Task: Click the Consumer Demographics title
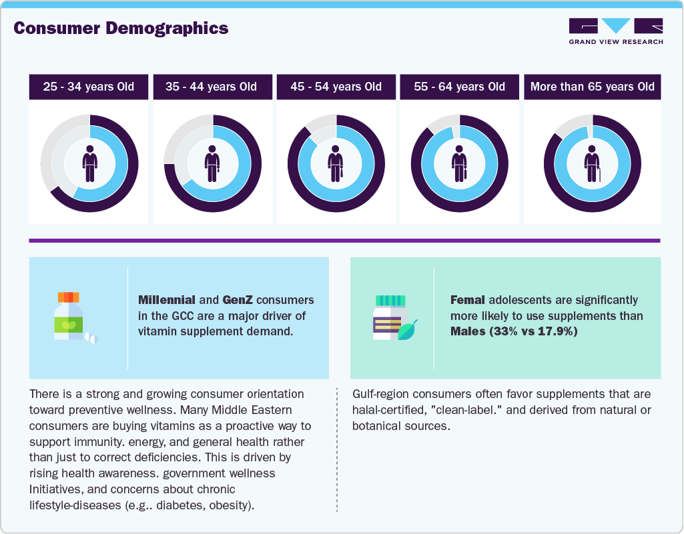pos(121,28)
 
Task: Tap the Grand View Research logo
pos(615,31)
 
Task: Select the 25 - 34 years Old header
pos(89,87)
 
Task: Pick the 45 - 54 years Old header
pos(336,87)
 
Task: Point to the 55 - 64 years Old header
pos(459,87)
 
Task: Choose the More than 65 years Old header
pos(592,87)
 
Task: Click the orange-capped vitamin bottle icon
pos(70,317)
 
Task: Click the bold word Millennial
pos(166,300)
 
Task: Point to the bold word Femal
pos(468,300)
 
